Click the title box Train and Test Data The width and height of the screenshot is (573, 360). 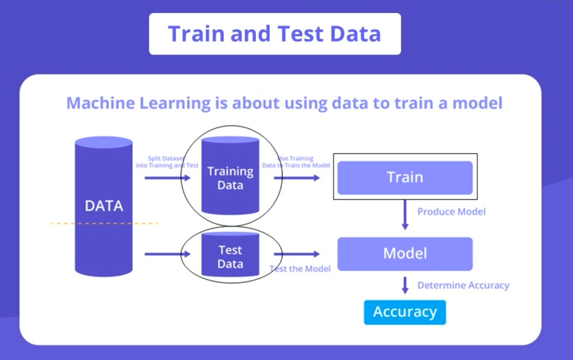click(275, 34)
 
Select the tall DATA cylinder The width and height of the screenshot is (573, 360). click(103, 205)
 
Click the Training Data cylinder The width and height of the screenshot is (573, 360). click(230, 177)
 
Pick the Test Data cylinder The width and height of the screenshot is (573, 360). click(230, 256)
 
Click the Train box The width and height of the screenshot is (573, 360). click(405, 177)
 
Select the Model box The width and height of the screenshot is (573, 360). click(405, 253)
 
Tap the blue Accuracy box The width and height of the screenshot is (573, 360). click(405, 312)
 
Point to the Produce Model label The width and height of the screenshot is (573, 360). click(451, 211)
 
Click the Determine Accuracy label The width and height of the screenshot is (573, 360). click(463, 285)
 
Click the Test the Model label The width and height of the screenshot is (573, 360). click(300, 269)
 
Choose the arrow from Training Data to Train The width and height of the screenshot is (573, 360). click(298, 178)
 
